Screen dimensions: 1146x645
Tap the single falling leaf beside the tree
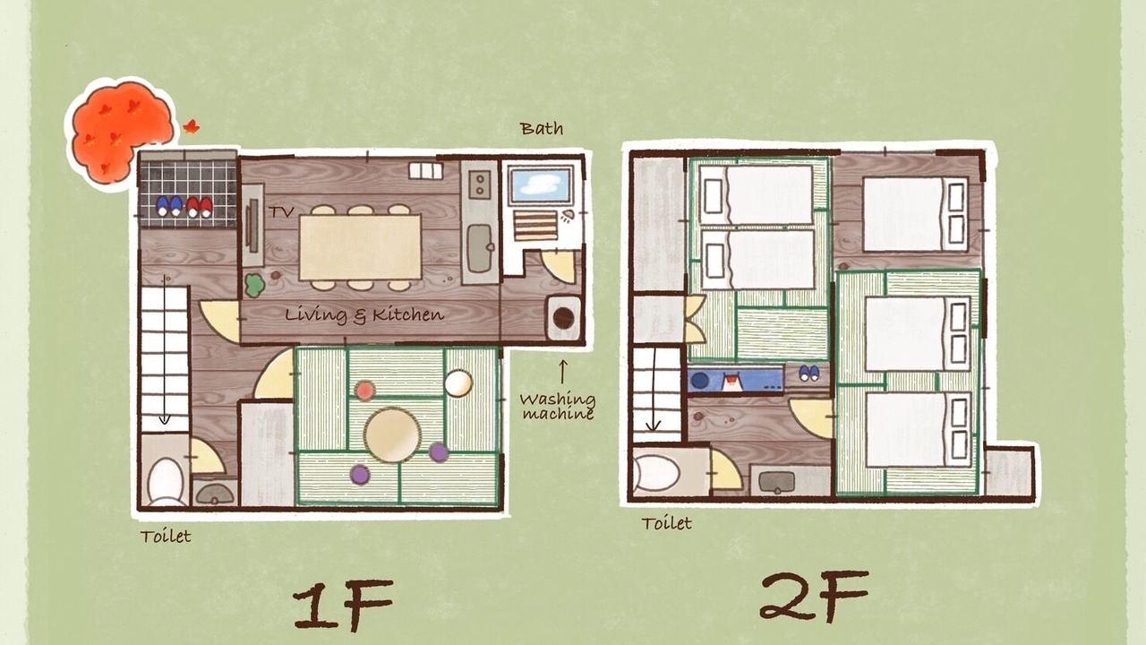coord(192,126)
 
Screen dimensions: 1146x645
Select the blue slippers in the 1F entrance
coord(169,206)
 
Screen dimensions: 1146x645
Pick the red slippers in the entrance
coord(199,207)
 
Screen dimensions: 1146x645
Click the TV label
coord(281,211)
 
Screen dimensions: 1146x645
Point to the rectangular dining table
coord(360,247)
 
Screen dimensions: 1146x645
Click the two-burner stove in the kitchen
coord(480,185)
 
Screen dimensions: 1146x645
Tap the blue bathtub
coord(542,185)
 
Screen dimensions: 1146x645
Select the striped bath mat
coord(535,226)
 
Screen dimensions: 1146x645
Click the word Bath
coord(542,128)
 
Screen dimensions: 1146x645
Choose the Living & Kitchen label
coord(364,314)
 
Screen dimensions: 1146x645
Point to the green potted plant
coord(253,286)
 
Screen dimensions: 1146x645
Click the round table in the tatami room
coord(392,434)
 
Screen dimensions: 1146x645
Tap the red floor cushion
coord(364,391)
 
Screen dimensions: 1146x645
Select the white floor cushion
coord(458,383)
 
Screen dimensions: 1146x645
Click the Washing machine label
coord(558,407)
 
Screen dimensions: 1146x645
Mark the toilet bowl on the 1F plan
coord(166,482)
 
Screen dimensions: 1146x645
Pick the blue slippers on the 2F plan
coord(808,374)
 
